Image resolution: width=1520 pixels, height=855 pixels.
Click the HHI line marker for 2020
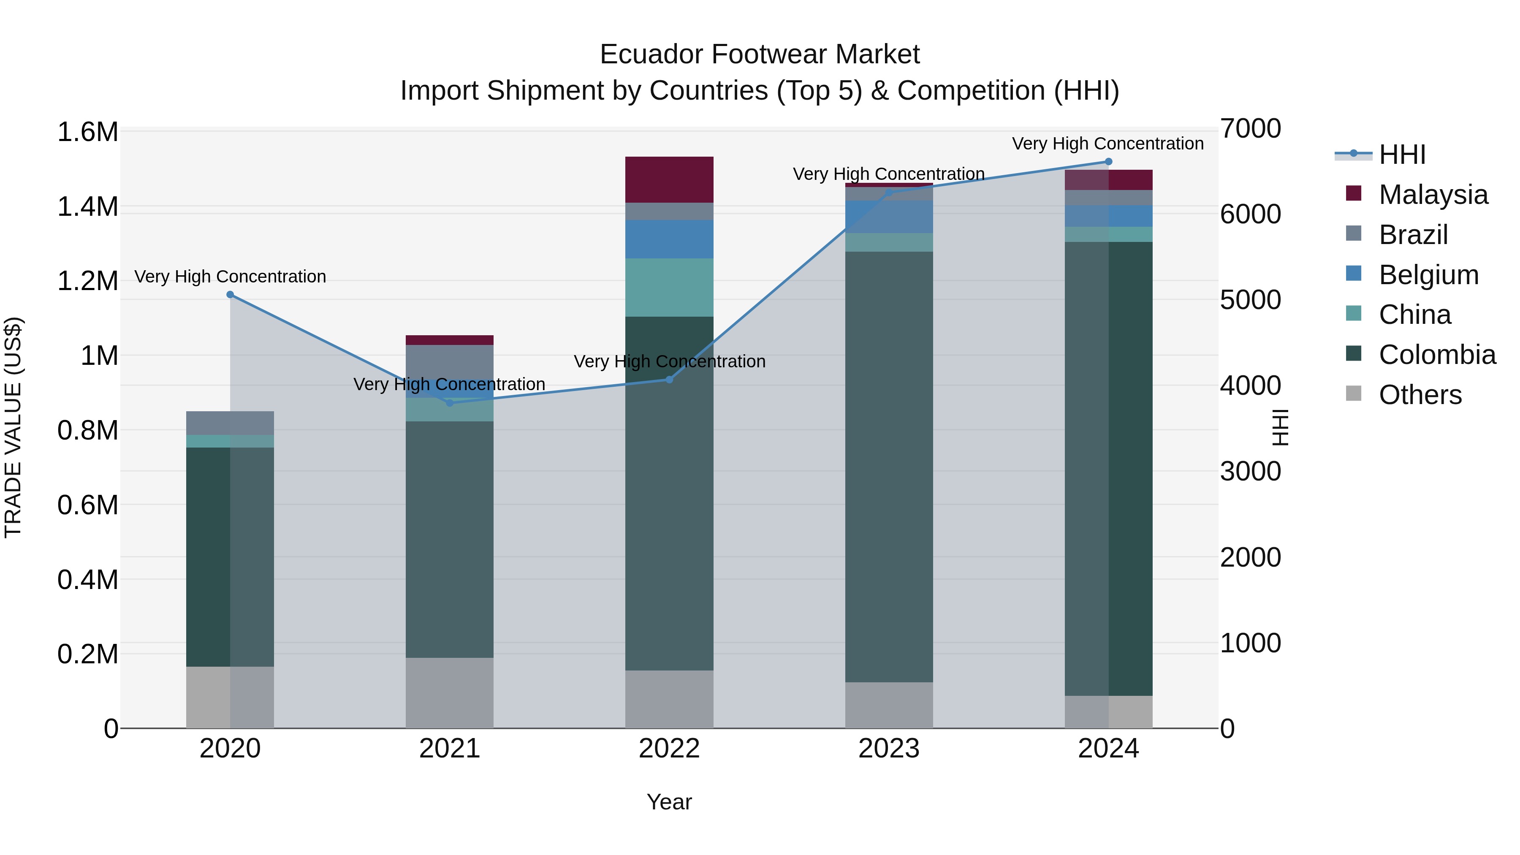tap(230, 294)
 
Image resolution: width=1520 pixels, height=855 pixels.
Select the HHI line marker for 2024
tap(1108, 162)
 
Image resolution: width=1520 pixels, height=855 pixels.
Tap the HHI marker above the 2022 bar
tap(669, 380)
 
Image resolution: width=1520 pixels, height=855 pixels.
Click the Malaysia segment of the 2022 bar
tap(669, 179)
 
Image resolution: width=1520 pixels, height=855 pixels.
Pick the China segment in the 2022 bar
tap(669, 288)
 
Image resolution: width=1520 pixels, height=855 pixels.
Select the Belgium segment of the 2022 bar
tap(669, 239)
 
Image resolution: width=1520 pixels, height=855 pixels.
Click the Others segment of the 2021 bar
tap(450, 693)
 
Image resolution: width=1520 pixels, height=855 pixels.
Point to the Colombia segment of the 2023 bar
tap(889, 466)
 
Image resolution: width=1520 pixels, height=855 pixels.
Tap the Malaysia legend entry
tap(1433, 195)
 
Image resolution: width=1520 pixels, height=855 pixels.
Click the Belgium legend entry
tap(1428, 275)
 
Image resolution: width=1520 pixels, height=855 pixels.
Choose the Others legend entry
tap(1420, 395)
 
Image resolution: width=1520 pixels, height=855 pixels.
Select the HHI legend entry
tap(1402, 155)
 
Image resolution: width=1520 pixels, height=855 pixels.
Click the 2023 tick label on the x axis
tap(889, 749)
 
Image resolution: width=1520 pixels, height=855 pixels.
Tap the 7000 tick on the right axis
tap(1250, 129)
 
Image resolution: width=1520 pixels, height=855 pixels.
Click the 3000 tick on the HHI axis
tap(1250, 472)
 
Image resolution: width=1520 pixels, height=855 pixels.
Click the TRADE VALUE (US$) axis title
tap(13, 427)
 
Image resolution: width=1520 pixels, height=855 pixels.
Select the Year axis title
tap(669, 802)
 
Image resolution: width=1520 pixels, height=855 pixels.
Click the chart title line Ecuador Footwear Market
tap(760, 54)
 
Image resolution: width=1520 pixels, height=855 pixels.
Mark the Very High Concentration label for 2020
tap(230, 276)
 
